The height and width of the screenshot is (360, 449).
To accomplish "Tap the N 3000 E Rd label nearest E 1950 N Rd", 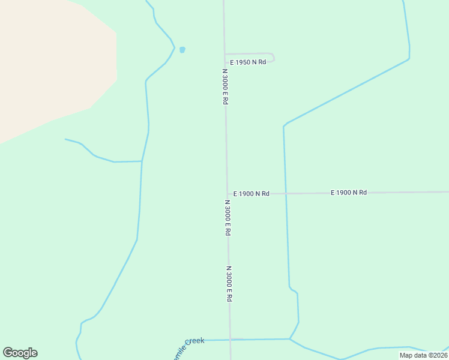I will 225,87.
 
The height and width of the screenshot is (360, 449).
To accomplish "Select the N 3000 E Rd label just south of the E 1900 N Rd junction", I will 228,218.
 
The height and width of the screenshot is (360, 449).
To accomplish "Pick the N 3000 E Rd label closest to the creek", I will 229,284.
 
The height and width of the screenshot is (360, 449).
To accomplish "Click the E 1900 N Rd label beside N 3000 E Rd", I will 252,194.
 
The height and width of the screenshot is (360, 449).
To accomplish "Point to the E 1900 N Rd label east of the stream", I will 348,193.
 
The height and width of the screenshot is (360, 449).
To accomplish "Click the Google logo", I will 20,353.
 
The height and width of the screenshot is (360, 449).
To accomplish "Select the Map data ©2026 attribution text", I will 423,355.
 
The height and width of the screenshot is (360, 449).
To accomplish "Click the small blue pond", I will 182,50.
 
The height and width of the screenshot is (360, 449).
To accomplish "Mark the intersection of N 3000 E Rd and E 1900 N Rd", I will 227,194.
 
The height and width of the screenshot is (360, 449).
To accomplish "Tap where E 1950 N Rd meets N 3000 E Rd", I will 225,55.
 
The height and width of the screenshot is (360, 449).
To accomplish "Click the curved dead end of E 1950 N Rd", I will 273,57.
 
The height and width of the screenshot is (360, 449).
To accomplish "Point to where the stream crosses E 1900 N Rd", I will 286,193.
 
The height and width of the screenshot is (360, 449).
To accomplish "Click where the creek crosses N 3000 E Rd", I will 230,340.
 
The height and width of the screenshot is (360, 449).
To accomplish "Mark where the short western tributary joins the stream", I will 142,161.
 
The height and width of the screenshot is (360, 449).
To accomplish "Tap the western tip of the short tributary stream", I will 65,139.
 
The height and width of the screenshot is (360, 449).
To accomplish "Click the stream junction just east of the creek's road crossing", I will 290,339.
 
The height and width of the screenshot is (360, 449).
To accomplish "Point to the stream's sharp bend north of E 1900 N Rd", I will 284,127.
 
